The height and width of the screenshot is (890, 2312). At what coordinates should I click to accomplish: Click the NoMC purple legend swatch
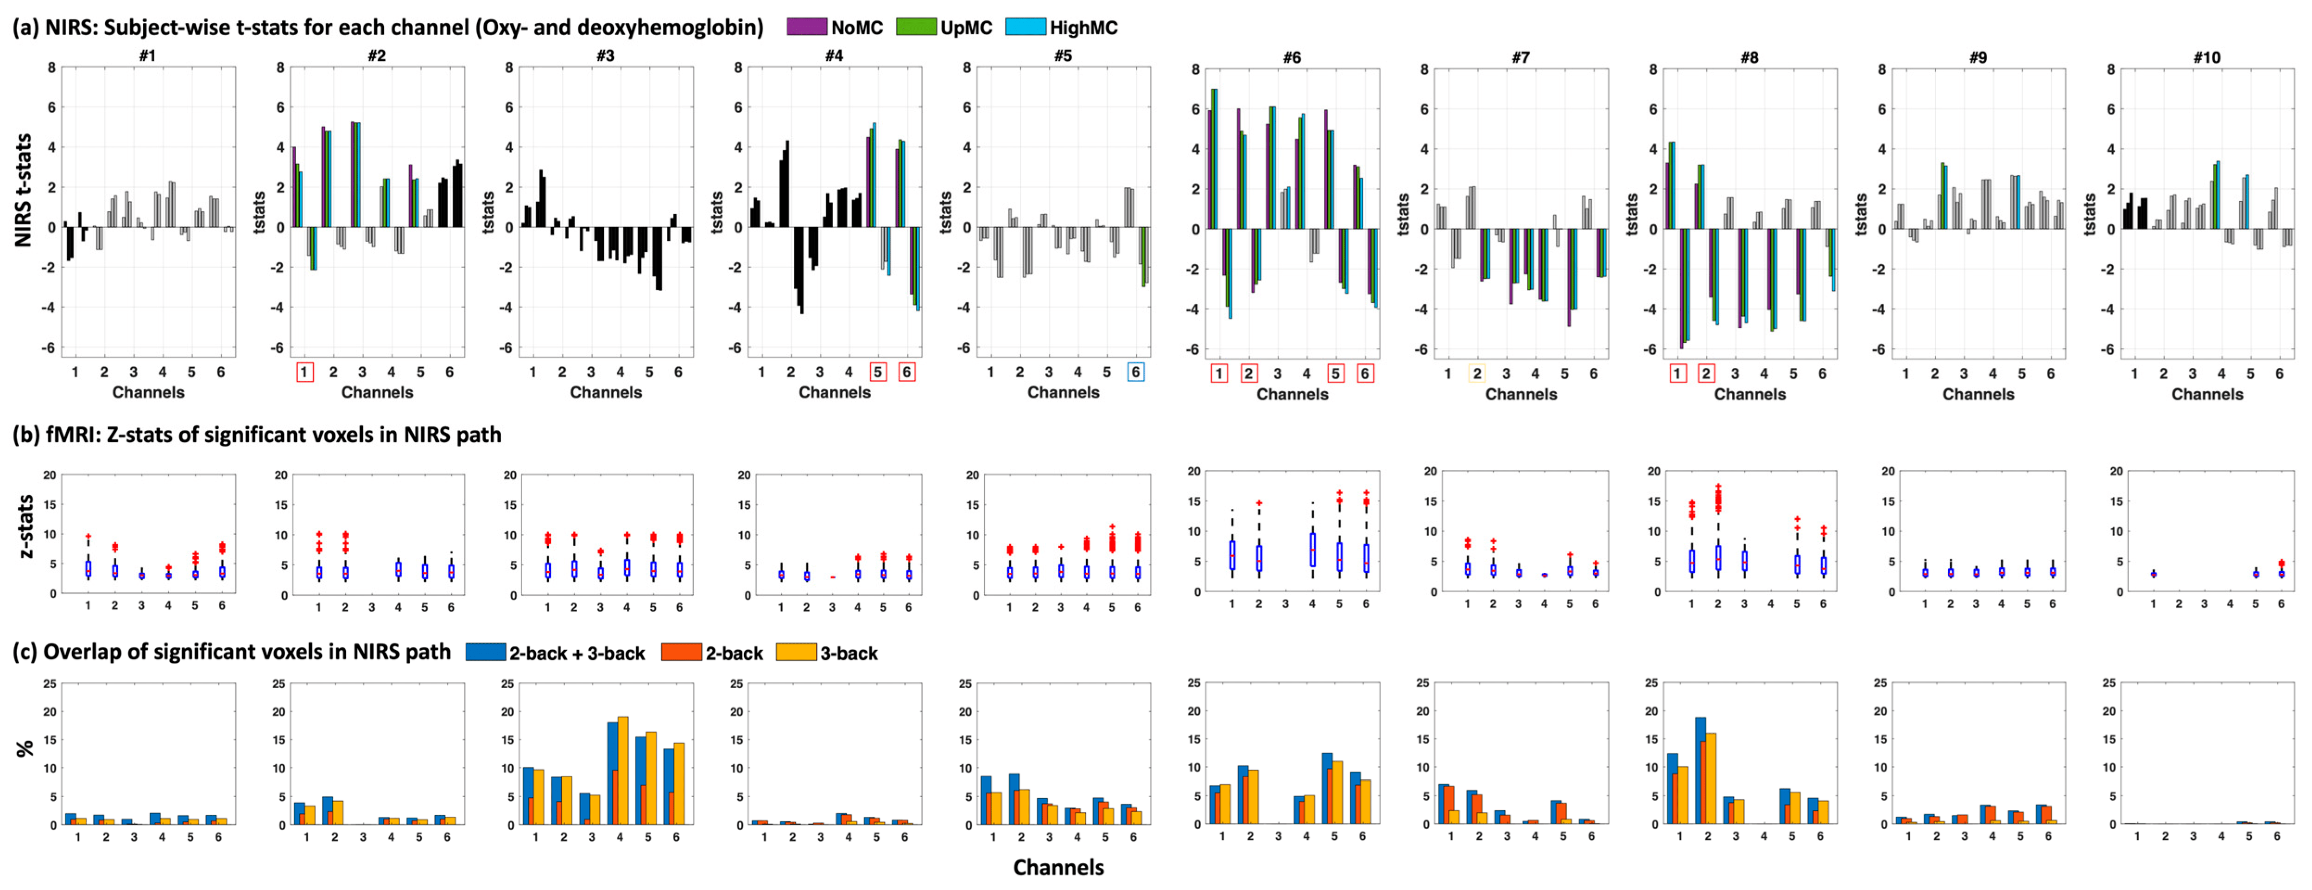click(806, 27)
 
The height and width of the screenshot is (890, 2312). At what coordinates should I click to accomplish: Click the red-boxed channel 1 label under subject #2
click(304, 372)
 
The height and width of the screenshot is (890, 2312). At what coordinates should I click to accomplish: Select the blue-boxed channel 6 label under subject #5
click(1135, 372)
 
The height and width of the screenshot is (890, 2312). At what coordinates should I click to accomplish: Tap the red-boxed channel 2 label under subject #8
click(1706, 374)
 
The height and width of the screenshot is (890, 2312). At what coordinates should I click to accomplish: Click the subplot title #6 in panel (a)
click(1292, 58)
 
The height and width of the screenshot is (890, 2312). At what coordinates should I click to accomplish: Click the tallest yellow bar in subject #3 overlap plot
click(622, 770)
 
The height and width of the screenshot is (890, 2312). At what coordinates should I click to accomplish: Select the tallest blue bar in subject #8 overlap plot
click(1700, 770)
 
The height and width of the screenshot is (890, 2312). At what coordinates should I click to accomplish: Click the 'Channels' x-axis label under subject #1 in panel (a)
click(148, 392)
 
